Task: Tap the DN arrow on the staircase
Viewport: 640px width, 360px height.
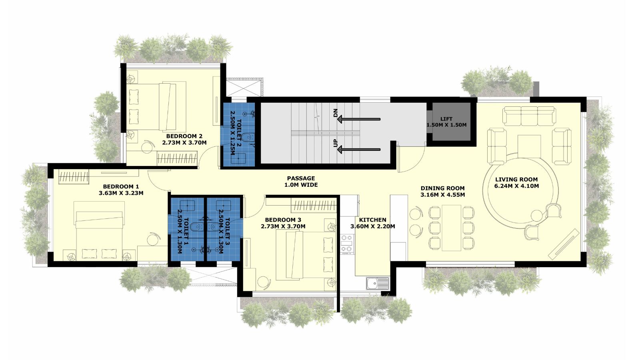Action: [359, 119]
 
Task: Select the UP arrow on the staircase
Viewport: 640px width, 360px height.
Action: [359, 150]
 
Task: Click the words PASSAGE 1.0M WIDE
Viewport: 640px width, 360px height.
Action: [301, 182]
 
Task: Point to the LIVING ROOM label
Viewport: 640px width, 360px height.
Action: [516, 183]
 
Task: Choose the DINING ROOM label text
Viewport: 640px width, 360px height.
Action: [442, 192]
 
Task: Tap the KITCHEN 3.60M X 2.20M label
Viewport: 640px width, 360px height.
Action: [372, 223]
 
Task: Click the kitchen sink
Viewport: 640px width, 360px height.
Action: [378, 283]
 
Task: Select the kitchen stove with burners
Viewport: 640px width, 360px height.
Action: [347, 244]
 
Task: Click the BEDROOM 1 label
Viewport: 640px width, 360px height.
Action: [121, 190]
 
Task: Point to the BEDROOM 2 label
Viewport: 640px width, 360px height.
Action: [184, 139]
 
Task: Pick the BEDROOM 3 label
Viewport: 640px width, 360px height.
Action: [283, 223]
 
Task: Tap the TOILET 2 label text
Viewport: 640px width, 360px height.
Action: [236, 133]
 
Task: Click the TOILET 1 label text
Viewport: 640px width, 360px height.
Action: [183, 232]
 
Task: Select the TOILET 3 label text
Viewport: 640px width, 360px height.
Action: [224, 232]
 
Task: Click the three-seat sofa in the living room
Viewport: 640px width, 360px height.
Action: [530, 116]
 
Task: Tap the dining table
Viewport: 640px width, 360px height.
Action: [452, 228]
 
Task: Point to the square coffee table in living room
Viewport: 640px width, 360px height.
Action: [529, 146]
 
